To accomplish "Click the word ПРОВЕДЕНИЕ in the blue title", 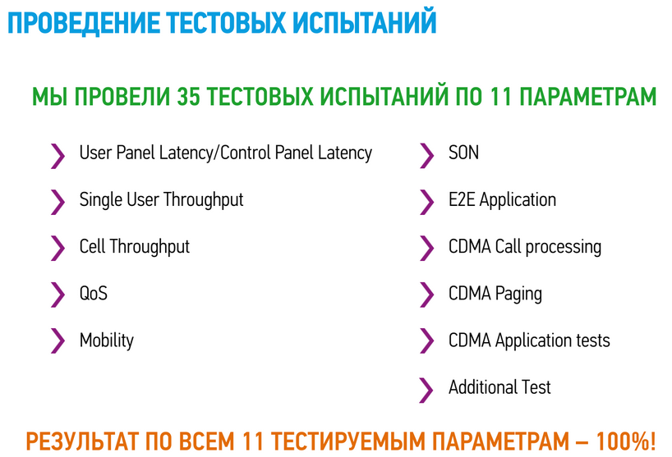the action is [84, 23].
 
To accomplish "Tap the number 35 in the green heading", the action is [188, 96].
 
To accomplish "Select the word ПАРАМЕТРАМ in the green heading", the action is [588, 96].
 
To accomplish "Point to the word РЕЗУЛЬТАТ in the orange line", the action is [82, 441].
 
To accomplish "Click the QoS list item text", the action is [94, 294].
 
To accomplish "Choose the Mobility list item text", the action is [107, 340].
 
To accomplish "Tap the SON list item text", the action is [463, 153].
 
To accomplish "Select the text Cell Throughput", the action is [135, 247].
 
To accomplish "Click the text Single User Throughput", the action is [162, 200].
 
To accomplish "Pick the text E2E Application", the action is [502, 200].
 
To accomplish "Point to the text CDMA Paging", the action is [495, 294].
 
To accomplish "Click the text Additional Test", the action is [499, 387].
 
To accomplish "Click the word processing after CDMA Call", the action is [563, 247].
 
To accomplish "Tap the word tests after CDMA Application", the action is [592, 340].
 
